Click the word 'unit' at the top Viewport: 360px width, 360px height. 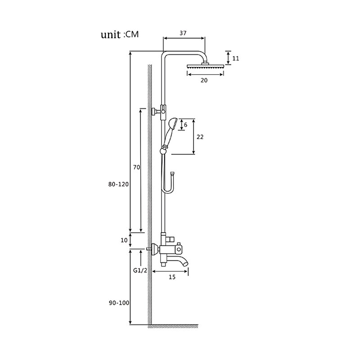111,35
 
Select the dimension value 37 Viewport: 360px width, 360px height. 183,33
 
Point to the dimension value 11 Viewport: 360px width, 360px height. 236,58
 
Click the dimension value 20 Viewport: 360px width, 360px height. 204,81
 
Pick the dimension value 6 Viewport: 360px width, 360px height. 186,125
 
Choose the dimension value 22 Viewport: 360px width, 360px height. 200,137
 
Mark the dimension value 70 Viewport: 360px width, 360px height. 137,167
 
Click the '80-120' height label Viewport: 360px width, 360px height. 118,184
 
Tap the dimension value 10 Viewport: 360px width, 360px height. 124,240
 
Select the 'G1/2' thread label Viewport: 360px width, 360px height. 140,271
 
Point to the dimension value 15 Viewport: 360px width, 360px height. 172,277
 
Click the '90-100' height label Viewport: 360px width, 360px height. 119,303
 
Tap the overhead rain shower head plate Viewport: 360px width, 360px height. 205,67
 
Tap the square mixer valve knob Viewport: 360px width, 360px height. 179,248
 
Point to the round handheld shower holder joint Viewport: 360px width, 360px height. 163,151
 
